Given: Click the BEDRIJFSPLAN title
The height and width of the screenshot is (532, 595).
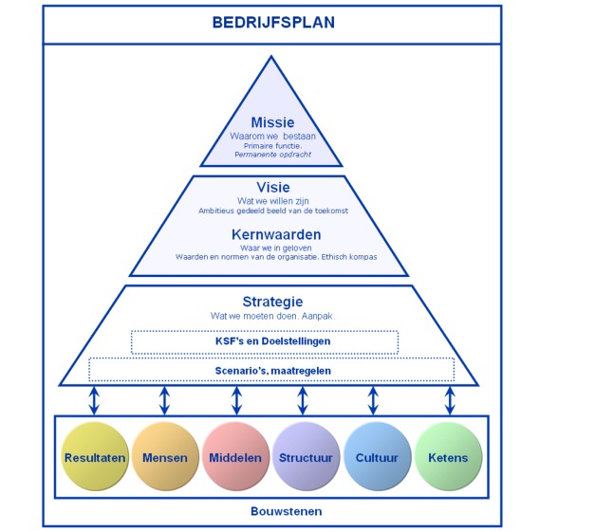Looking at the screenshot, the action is tap(273, 23).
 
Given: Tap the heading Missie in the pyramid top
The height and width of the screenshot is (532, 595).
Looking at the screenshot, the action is tap(272, 122).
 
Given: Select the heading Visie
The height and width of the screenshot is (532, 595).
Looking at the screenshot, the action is tap(273, 188).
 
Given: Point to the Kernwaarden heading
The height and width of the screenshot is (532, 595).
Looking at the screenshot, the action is tap(276, 235).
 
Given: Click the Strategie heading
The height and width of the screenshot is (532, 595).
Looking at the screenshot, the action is tap(272, 302).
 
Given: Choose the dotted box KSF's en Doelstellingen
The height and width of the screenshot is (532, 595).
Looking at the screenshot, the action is tap(265, 342).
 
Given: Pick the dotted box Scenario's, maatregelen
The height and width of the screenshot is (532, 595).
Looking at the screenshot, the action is tap(271, 370).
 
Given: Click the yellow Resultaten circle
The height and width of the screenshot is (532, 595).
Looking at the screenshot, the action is tap(95, 456).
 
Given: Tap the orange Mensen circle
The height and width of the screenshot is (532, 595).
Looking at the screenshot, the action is tap(165, 456).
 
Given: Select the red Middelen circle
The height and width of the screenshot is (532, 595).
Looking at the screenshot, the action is tap(235, 456).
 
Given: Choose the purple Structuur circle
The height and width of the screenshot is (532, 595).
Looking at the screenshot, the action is tap(306, 456).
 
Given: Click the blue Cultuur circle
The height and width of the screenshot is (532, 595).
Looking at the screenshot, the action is tap(377, 456).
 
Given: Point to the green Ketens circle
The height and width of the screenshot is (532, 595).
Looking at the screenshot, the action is tap(448, 456).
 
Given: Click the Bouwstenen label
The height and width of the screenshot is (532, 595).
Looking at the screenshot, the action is tap(287, 511).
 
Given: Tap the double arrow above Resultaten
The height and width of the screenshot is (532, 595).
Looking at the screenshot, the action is tap(94, 400).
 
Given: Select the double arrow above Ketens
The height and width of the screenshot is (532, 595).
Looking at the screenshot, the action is tap(450, 400).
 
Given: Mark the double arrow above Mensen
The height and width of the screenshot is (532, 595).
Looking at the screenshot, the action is tap(164, 400).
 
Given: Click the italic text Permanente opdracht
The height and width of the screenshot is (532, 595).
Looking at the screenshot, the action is tap(272, 155).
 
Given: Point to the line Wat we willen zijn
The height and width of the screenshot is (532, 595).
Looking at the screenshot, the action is tap(273, 201).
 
